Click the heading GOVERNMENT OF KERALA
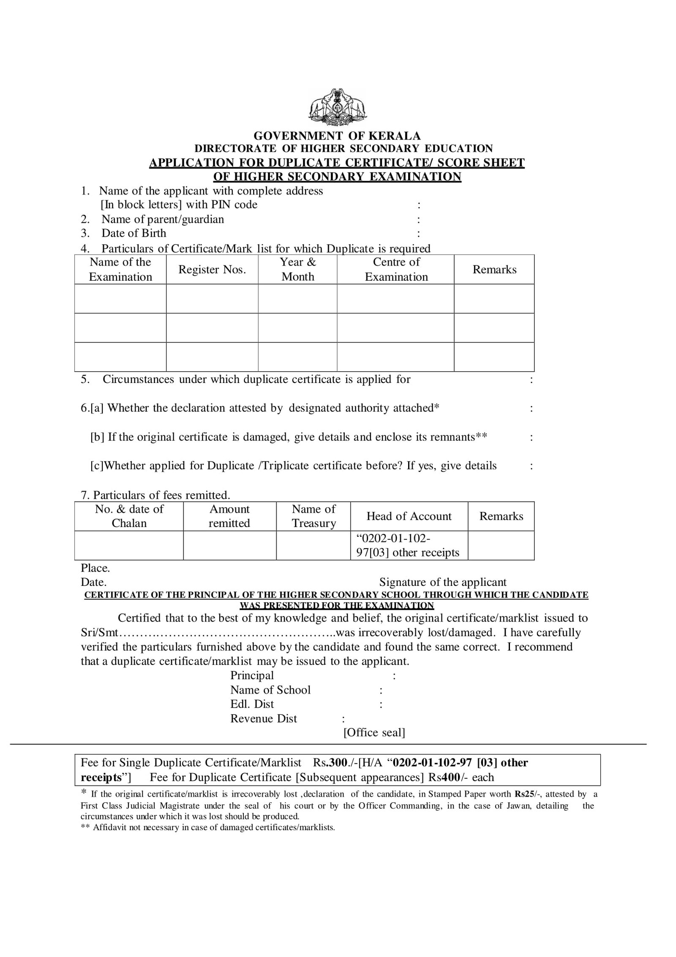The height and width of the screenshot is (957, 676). [337, 136]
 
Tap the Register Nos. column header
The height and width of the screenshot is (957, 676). [212, 269]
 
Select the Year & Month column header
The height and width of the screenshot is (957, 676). [297, 269]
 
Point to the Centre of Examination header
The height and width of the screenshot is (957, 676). [396, 269]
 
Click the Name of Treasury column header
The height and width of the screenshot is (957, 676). [313, 516]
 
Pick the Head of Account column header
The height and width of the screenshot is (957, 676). [409, 516]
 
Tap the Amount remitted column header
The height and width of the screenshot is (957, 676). [229, 516]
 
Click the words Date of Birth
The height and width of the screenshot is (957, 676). [134, 233]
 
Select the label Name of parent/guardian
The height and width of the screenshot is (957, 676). [163, 219]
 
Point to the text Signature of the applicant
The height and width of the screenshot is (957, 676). [442, 582]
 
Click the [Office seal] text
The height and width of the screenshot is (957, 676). [374, 733]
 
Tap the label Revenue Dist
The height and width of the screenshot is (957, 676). [263, 719]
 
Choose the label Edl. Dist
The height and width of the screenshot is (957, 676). [252, 704]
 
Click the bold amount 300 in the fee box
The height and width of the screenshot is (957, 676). [338, 763]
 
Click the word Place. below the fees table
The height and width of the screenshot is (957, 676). [95, 568]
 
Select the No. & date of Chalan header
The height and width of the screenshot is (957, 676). [129, 516]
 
